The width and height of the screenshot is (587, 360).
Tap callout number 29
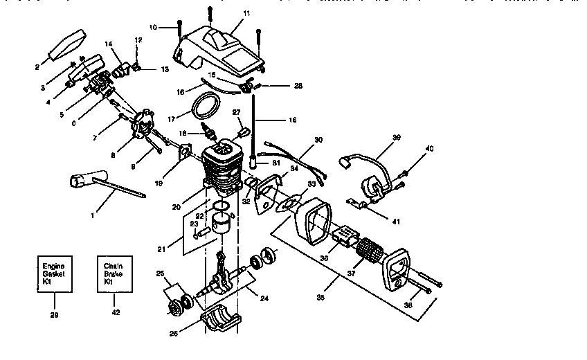pos(55,314)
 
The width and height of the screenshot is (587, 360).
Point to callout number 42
pos(115,312)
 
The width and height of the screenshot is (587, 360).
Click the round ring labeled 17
pos(204,107)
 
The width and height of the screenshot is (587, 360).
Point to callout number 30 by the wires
pos(318,140)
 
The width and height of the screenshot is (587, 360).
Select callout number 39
pos(397,138)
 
